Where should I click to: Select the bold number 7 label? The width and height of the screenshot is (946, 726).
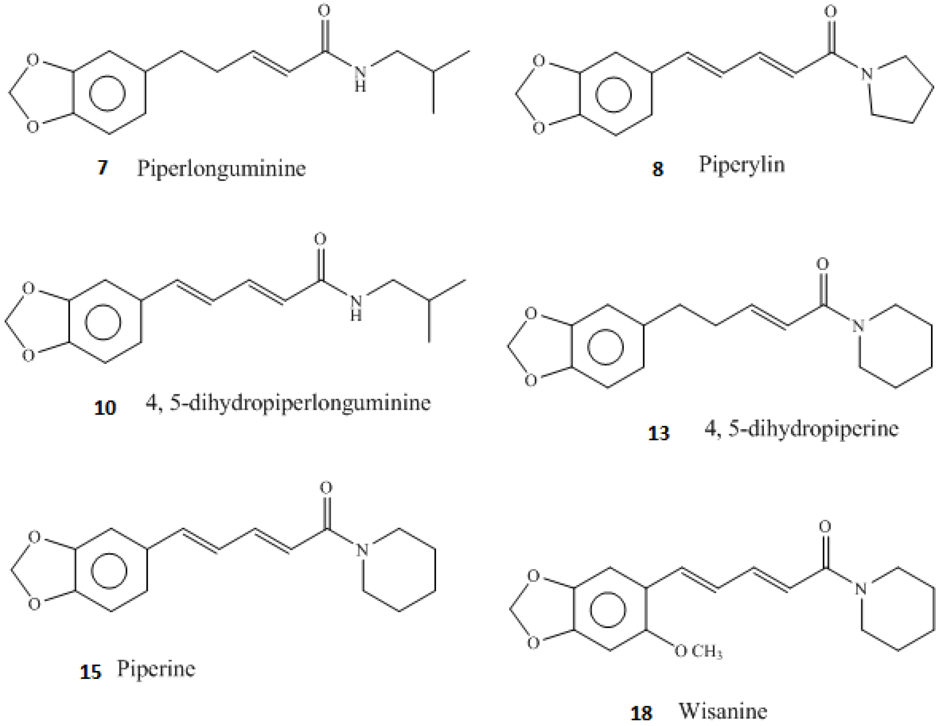103,168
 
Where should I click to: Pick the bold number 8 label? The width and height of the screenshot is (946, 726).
657,169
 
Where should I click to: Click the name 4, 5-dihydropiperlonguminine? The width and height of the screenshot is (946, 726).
288,403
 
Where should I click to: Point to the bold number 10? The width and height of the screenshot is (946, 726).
105,408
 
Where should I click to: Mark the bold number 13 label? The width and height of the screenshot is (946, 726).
659,433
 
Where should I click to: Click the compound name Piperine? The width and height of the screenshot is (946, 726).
156,669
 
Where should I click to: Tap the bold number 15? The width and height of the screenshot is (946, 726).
91,673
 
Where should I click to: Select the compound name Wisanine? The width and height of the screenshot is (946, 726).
723,711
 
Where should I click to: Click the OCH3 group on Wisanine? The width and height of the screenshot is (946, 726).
698,651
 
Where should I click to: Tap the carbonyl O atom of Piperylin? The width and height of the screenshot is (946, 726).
831,12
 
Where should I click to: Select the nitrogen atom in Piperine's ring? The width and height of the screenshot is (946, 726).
362,550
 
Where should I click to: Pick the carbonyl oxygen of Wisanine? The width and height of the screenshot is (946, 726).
825,526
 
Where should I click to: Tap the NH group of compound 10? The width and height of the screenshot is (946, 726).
355,307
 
